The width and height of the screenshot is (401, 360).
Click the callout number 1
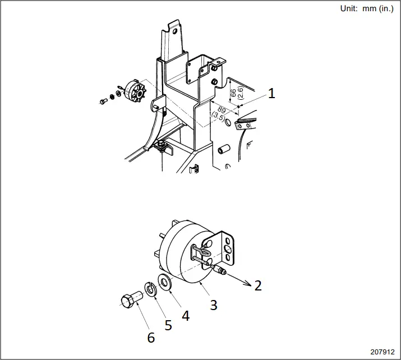(271, 93)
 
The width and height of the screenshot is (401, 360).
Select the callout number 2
(257, 285)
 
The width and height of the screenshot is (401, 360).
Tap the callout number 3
(213, 304)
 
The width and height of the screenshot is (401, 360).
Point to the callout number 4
(185, 316)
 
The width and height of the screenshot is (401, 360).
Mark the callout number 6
(150, 338)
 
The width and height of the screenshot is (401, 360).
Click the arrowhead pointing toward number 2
(247, 284)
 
